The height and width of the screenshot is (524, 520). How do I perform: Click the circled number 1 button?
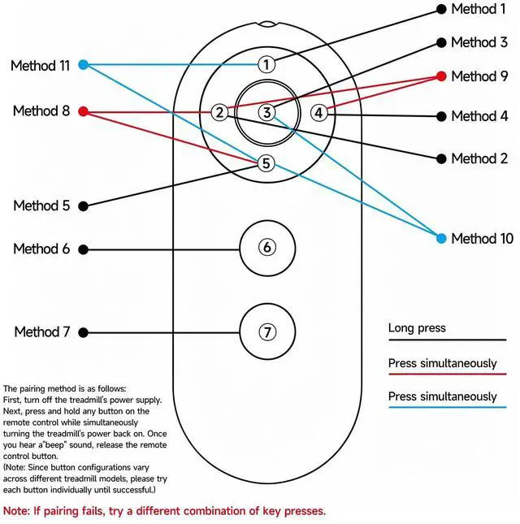(x=266, y=64)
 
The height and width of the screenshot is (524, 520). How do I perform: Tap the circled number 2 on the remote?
(x=219, y=112)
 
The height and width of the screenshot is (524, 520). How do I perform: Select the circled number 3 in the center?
(x=267, y=113)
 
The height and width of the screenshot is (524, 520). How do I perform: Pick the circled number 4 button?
(x=318, y=113)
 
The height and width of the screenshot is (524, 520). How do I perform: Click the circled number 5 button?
(x=266, y=163)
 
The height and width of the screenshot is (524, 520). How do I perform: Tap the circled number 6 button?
(x=267, y=247)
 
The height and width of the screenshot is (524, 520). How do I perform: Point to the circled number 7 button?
(x=267, y=332)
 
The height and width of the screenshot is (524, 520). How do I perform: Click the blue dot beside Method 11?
(x=83, y=64)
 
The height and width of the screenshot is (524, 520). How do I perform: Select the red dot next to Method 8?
(x=83, y=111)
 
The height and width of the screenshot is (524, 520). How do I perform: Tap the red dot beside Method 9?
(x=441, y=76)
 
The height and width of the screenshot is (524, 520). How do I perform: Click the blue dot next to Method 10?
(x=441, y=238)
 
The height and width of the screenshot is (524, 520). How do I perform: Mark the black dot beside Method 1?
(x=441, y=10)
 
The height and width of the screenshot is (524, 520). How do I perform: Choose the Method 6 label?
(x=41, y=249)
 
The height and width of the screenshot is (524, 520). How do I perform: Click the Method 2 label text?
(x=479, y=158)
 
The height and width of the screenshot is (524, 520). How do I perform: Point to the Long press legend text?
(x=417, y=328)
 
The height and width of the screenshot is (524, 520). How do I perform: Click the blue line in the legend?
(x=448, y=407)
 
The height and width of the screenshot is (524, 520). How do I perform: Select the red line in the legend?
(x=448, y=374)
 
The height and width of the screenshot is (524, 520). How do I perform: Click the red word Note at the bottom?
(x=16, y=511)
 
